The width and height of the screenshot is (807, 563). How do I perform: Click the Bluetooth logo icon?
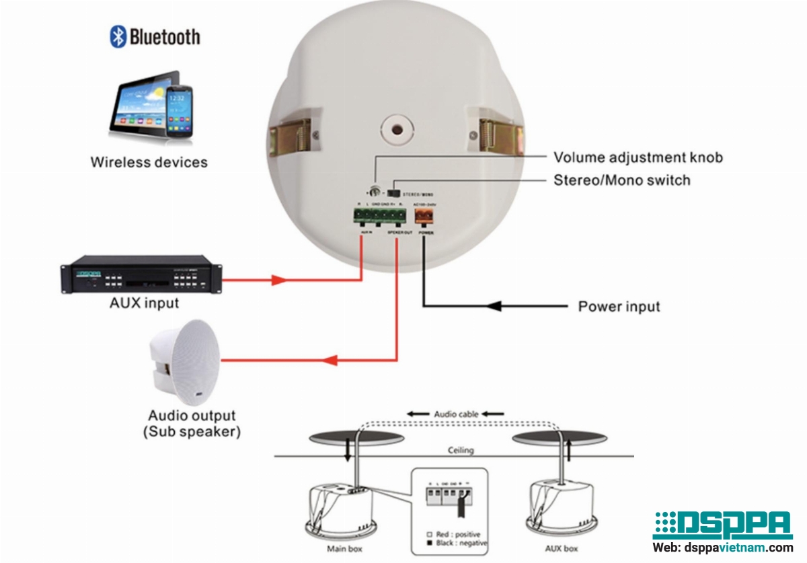[x=118, y=36]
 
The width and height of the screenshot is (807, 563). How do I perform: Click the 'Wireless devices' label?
[x=149, y=162]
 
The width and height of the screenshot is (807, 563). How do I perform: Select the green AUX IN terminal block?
[x=380, y=215]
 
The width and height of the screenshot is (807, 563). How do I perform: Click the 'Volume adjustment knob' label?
[x=638, y=157]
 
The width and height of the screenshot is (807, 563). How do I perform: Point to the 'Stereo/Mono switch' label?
[x=621, y=180]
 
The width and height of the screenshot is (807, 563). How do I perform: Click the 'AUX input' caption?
[x=144, y=303]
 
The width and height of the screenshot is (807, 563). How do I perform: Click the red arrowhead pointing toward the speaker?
[x=279, y=279]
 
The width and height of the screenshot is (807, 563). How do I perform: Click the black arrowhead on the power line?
[x=494, y=307]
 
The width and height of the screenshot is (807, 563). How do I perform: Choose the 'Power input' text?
[x=619, y=307]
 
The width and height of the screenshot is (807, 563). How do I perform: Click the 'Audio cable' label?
[x=456, y=414]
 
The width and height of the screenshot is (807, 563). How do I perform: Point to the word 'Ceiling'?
[x=461, y=450]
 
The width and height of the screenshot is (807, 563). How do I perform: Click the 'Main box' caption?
[x=344, y=548]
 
